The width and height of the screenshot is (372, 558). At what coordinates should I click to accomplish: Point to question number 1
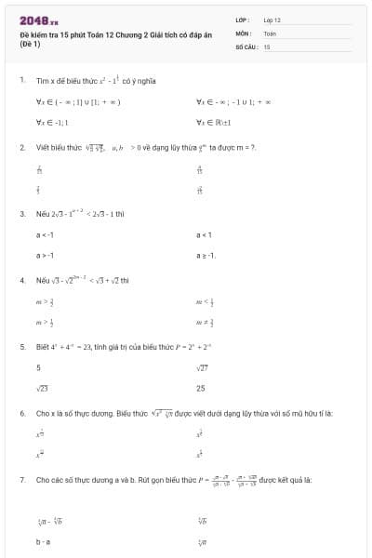tap(21, 80)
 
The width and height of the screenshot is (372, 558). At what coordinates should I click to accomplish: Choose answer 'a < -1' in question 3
tap(45, 235)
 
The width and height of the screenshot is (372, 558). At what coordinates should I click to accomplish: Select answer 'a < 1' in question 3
tap(205, 235)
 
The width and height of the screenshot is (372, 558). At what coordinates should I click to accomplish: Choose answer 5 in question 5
tap(38, 368)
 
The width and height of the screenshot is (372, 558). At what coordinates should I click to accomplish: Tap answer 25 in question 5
tap(201, 388)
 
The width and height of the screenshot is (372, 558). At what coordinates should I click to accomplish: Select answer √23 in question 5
tap(42, 388)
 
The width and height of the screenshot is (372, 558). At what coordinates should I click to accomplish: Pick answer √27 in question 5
tap(203, 368)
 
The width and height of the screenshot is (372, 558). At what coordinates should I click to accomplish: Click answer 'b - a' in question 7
tap(43, 540)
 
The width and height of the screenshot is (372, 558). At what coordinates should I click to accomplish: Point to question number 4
tap(21, 280)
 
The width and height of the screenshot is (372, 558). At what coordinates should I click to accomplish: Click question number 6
tap(21, 412)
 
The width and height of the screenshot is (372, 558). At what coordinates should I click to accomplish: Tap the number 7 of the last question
tap(21, 480)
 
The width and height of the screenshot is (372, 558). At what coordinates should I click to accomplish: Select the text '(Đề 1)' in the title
tap(31, 44)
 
